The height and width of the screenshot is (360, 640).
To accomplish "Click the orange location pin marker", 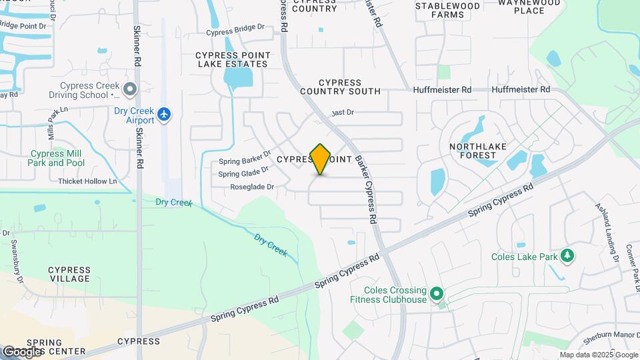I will (321, 159).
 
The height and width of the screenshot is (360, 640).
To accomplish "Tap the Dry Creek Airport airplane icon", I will (164, 115).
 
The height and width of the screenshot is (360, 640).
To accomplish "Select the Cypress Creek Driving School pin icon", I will (130, 88).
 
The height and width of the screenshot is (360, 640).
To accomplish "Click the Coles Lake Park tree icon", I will (567, 256).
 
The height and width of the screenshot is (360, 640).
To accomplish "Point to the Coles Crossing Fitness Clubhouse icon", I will (437, 293).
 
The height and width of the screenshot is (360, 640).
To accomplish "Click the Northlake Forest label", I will (477, 151).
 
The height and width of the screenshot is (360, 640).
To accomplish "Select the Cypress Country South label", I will (340, 87).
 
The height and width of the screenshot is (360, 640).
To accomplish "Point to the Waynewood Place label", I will (531, 7).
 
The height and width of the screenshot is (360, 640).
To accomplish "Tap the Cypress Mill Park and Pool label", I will (57, 158).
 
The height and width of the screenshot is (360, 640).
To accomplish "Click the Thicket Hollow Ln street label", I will (87, 181).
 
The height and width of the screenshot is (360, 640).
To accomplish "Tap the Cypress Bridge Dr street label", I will (235, 31).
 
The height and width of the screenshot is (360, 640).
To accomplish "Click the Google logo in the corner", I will (22, 351).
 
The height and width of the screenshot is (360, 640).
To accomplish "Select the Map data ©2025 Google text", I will (598, 355).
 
